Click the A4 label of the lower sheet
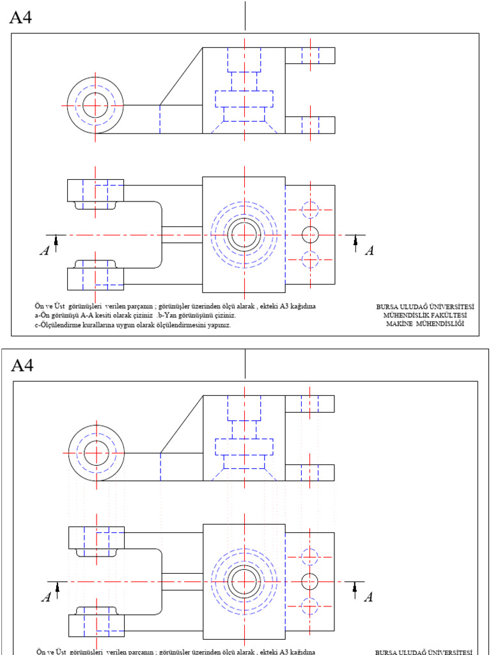click(x=22, y=365)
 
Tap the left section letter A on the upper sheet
click(x=44, y=251)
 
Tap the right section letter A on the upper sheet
click(x=369, y=251)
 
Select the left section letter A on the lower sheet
click(x=45, y=597)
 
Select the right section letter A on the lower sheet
click(x=368, y=597)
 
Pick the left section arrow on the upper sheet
click(x=56, y=241)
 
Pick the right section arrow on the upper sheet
click(x=355, y=241)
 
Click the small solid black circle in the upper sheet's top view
click(x=310, y=235)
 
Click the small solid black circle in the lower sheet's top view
click(x=309, y=581)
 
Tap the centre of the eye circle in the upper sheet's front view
click(x=95, y=104)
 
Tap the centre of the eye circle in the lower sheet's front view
click(x=95, y=452)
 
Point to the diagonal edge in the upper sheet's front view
click(x=181, y=75)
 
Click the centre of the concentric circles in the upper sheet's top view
click(x=244, y=235)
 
